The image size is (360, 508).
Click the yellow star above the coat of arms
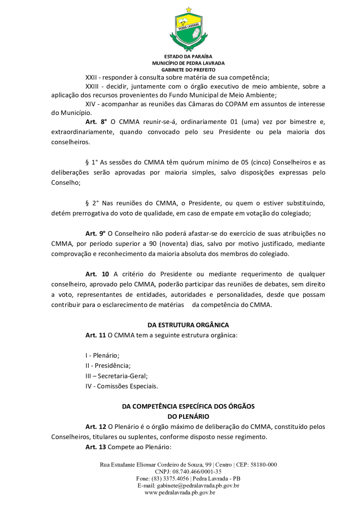pos(188,10)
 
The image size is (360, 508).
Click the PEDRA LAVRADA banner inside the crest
pos(188,28)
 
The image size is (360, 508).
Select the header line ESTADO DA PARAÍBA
pos(188,57)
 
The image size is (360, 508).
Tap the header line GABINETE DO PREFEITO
pos(188,70)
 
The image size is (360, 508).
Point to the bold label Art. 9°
pos(96,233)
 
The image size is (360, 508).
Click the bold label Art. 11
pos(96,335)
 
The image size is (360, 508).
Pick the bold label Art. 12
pos(96,427)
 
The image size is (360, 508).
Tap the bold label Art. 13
pos(96,447)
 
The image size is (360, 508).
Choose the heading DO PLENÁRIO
pos(188,416)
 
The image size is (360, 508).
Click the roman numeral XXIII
pos(93,87)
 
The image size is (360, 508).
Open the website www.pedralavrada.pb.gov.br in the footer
pos(180,492)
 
